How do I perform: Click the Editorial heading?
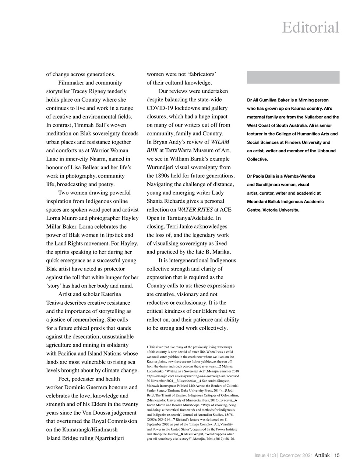[310, 28]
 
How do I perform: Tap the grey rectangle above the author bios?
[293, 77]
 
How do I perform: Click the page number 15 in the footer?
[337, 455]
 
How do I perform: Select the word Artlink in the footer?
[322, 455]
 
